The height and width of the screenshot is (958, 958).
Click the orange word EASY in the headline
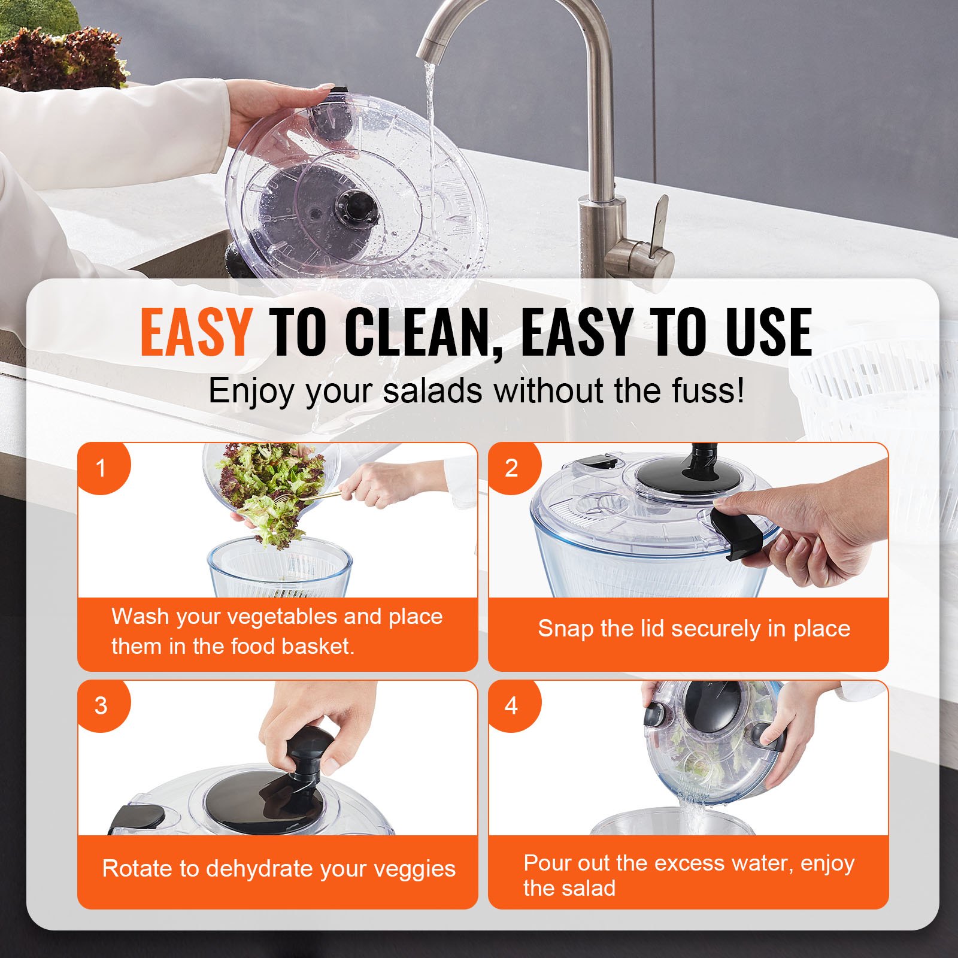pos(195,332)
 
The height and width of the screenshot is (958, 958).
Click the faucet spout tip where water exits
pos(429,55)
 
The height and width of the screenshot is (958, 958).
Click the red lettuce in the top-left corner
pos(60,57)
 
